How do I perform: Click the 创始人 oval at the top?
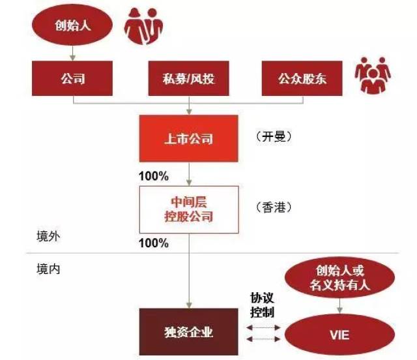tap(73, 26)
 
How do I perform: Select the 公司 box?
tap(73, 80)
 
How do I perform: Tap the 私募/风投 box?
tap(188, 80)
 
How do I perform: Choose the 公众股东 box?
tap(302, 80)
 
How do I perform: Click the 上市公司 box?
tap(188, 138)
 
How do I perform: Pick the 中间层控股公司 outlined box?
tap(188, 209)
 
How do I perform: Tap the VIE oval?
tap(339, 335)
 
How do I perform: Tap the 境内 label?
tap(49, 267)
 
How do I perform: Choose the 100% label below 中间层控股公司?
tap(154, 243)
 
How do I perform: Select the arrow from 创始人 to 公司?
tap(73, 53)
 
